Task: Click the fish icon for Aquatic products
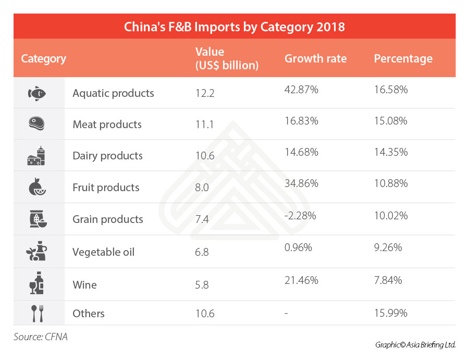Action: (37, 93)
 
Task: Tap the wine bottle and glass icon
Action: (36, 284)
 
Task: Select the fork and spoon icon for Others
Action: (36, 314)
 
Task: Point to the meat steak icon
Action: (36, 124)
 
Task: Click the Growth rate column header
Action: (315, 58)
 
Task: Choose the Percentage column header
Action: (403, 58)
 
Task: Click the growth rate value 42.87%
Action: (301, 90)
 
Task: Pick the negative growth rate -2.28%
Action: (301, 216)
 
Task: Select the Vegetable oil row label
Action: (103, 252)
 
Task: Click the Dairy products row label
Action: (107, 156)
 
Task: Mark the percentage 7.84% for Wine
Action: (388, 280)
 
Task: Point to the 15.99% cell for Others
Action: (390, 313)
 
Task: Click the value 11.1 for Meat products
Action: (203, 125)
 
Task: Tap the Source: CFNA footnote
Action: (41, 337)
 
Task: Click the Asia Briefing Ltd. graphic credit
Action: (415, 345)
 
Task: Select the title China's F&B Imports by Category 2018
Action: (234, 27)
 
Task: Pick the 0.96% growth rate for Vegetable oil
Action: (299, 248)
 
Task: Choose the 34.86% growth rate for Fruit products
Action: (301, 183)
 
